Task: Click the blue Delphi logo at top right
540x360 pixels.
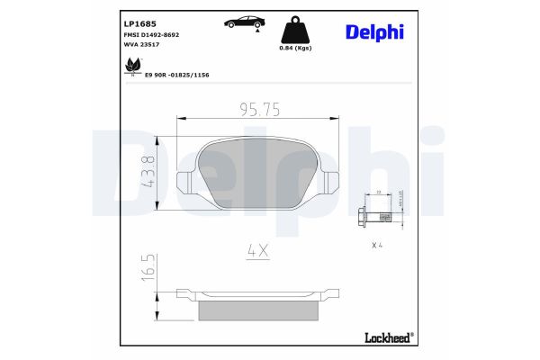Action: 374,32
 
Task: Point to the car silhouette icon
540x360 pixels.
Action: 244,22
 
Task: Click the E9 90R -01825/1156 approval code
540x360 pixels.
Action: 177,76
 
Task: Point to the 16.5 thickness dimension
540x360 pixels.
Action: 149,267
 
